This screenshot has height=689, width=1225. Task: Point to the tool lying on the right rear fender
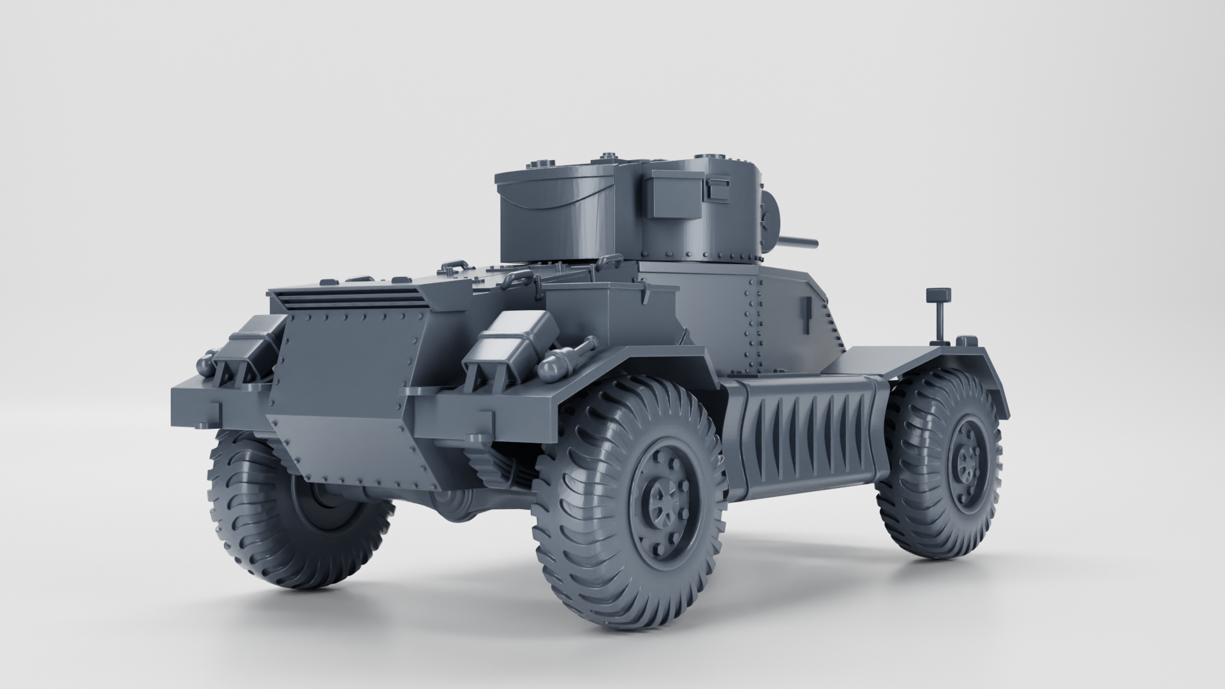point(571,357)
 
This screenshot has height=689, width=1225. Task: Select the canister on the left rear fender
point(249,341)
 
